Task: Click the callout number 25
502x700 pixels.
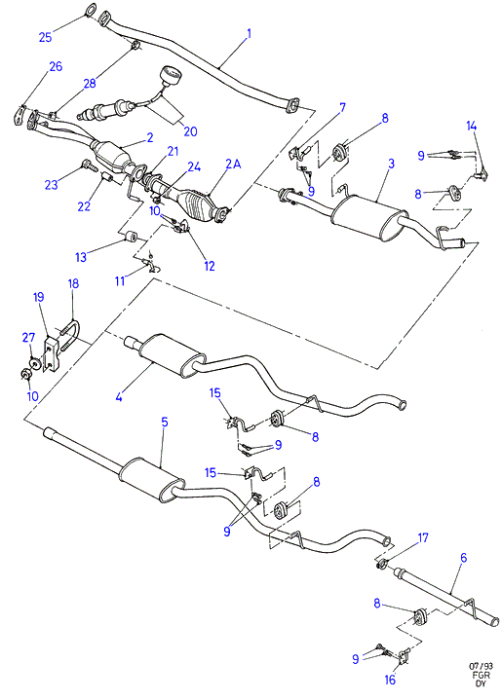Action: pos(45,37)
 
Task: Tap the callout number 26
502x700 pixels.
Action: pos(56,66)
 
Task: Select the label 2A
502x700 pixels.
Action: pos(233,165)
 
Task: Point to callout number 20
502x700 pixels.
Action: pos(190,131)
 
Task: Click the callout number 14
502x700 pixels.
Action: pos(472,127)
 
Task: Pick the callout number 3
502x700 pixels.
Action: pos(391,164)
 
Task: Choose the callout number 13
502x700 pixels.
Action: pos(81,257)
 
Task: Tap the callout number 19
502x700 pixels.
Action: pos(39,297)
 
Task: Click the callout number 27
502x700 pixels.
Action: pos(28,338)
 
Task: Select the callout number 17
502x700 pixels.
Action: pos(423,538)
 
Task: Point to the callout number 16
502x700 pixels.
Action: pos(390,680)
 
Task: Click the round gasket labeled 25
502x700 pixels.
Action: pos(91,9)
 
